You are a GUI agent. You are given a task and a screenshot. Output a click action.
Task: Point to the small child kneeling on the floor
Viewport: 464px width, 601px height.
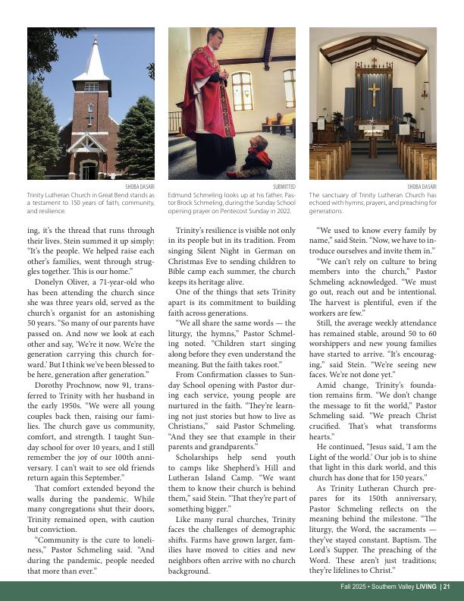[258, 158]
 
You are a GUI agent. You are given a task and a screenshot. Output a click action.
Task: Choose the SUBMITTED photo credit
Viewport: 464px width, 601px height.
[284, 187]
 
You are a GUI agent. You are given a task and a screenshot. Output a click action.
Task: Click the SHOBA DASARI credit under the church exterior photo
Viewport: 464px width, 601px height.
[140, 187]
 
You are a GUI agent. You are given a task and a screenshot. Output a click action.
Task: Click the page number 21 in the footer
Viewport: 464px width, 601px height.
[447, 587]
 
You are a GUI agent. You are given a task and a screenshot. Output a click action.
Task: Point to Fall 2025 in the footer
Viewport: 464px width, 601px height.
[354, 587]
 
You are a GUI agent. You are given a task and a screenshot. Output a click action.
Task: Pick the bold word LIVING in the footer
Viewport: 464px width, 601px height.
[426, 587]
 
